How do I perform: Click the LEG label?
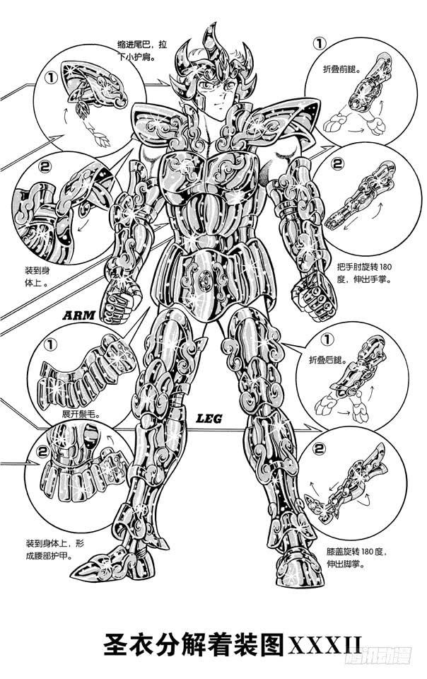[x=208, y=419]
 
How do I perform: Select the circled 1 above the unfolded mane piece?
[x=51, y=345]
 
